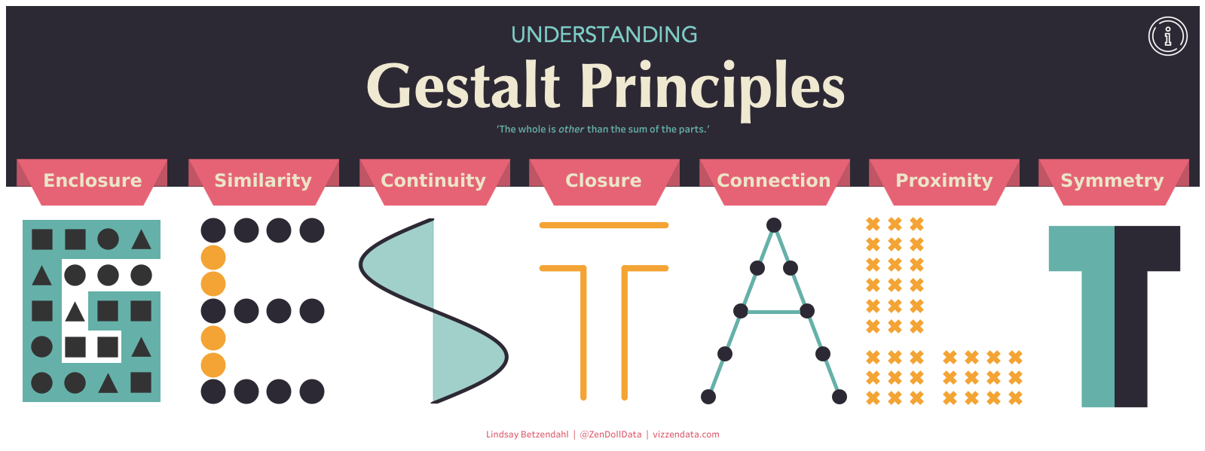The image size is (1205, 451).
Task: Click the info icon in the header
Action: (1167, 36)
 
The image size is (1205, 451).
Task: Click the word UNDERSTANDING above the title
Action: (604, 35)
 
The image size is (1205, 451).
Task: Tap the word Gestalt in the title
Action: (463, 86)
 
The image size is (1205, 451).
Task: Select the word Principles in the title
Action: (712, 86)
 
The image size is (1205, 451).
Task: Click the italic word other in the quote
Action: (570, 130)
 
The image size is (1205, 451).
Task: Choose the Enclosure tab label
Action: (93, 181)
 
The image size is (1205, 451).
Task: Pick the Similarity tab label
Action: (263, 181)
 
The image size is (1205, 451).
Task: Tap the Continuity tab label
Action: (433, 181)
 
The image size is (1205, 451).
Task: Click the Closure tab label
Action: (604, 181)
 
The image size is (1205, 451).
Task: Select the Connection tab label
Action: (774, 181)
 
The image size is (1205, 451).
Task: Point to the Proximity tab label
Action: (944, 181)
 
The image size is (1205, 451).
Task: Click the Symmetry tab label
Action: (1112, 181)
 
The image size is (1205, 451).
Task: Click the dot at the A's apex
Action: (774, 224)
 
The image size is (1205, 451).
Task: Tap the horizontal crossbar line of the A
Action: (774, 311)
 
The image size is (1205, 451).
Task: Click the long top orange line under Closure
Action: (604, 225)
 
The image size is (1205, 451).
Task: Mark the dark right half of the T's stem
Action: (1131, 339)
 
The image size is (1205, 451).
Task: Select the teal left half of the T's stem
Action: (1098, 339)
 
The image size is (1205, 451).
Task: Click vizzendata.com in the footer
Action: (686, 434)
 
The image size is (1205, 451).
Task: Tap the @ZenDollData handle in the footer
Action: (610, 434)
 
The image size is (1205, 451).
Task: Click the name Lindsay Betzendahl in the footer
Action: (527, 434)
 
